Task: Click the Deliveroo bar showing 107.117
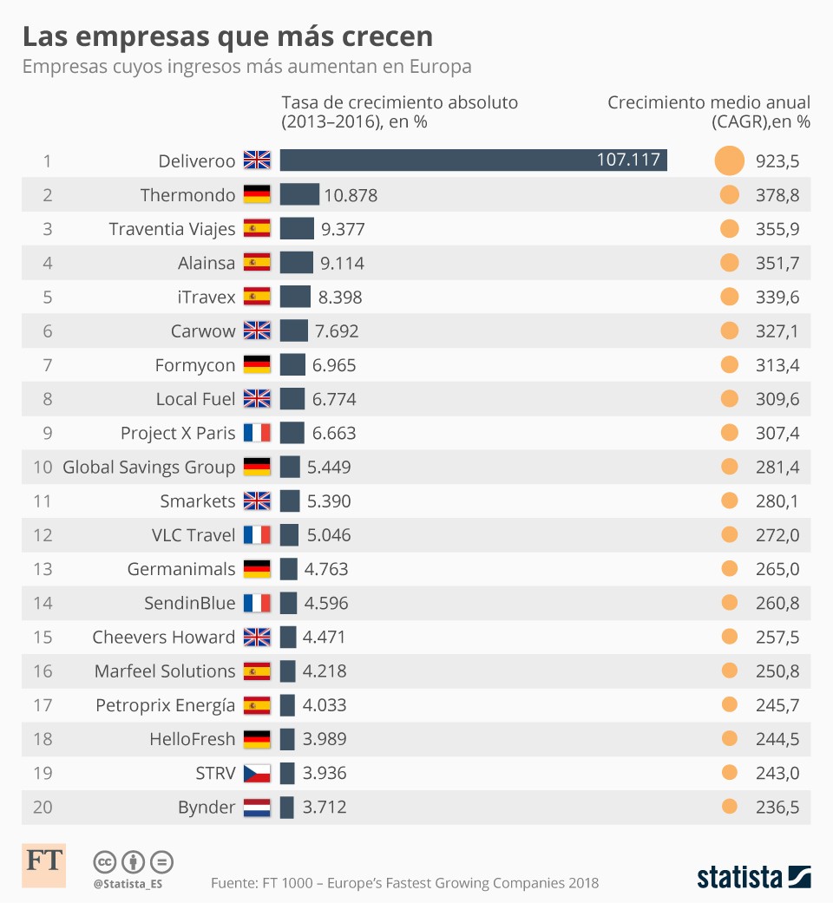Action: click(473, 160)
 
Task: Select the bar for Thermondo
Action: click(298, 194)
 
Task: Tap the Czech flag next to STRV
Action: click(257, 773)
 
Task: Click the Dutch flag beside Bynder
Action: click(257, 807)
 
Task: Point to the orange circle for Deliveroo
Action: click(730, 160)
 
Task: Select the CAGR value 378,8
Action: click(777, 194)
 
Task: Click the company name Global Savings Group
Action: click(148, 467)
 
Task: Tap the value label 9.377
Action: click(343, 229)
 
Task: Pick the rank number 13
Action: click(43, 569)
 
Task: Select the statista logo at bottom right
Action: click(753, 876)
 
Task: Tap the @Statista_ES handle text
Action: click(128, 884)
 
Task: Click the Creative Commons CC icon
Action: click(105, 861)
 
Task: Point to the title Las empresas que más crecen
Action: click(227, 36)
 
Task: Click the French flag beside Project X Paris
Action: click(257, 433)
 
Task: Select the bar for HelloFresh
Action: click(286, 739)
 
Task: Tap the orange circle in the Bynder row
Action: click(730, 807)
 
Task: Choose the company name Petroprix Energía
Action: click(165, 705)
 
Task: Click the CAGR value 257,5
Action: click(777, 637)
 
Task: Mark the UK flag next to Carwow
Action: click(257, 330)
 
